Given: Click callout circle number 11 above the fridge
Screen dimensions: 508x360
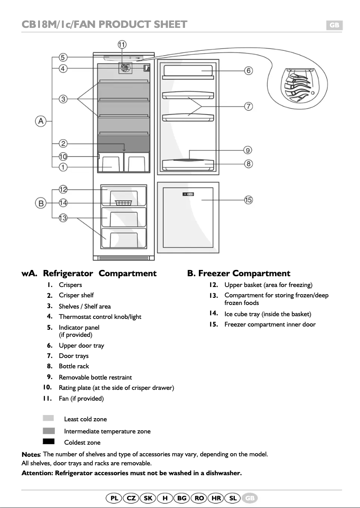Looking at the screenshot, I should (x=122, y=44).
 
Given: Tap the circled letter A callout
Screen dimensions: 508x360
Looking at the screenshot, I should (x=41, y=121).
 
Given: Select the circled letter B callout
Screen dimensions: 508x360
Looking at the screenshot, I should (x=41, y=203).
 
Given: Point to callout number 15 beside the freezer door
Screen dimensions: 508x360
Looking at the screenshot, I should (x=248, y=200).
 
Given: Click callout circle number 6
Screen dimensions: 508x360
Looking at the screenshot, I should (x=248, y=71).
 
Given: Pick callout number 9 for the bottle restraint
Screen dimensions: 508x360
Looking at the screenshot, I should (x=248, y=150).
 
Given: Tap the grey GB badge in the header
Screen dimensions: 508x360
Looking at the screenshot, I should (x=334, y=25).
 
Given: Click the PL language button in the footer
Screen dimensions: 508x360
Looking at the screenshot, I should (x=114, y=498).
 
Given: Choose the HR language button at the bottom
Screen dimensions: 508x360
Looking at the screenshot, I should (x=216, y=498).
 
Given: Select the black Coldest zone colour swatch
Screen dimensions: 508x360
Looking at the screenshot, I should (x=48, y=442).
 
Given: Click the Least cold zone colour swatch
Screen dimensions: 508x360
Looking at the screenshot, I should (x=48, y=418).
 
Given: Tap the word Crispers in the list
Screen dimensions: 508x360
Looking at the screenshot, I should (x=70, y=285).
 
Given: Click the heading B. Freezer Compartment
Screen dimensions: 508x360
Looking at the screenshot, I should (x=239, y=273).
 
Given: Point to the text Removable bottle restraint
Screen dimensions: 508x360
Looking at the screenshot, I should (x=95, y=377).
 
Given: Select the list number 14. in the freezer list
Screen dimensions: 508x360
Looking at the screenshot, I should (x=214, y=314).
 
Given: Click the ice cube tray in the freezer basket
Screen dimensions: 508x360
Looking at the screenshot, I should (x=123, y=203).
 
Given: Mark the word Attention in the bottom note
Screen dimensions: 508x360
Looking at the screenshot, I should (x=37, y=473).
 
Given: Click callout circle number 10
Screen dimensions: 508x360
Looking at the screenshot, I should (x=63, y=157).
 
